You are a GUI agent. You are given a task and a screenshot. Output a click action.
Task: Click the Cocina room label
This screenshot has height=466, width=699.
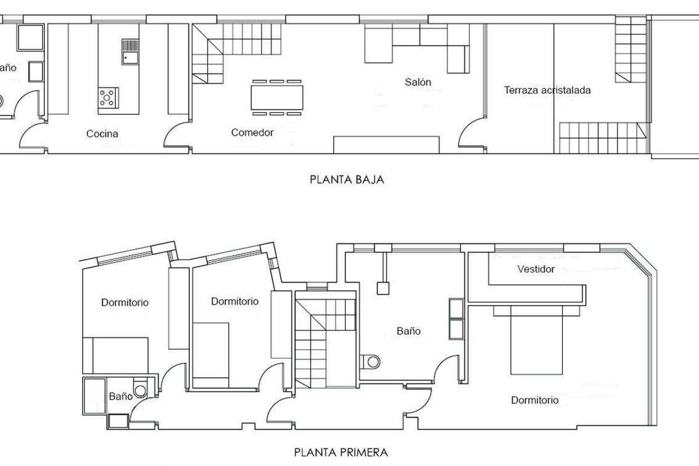click(x=102, y=134)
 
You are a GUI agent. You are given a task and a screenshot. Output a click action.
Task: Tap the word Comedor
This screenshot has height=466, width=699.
click(x=252, y=133)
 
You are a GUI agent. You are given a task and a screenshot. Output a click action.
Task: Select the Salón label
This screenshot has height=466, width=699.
click(x=418, y=82)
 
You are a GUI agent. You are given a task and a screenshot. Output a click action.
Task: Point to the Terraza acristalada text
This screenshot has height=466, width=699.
click(x=548, y=90)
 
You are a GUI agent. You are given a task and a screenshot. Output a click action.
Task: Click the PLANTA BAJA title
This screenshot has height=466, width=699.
click(x=347, y=180)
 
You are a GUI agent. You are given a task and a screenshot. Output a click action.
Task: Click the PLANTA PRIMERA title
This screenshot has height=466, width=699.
click(x=341, y=452)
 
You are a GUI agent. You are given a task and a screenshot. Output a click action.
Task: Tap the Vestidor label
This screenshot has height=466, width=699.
click(x=536, y=269)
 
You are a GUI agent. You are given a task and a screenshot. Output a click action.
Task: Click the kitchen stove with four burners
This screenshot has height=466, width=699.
click(x=108, y=98)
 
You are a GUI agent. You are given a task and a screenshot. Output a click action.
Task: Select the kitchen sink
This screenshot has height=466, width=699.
click(x=130, y=52)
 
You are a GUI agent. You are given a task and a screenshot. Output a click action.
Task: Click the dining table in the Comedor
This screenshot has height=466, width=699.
click(x=277, y=97)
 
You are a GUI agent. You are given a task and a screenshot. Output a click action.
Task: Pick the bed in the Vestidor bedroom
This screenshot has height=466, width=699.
click(x=536, y=340)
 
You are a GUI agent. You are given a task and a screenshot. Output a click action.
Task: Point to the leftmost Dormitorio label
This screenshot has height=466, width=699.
click(x=125, y=302)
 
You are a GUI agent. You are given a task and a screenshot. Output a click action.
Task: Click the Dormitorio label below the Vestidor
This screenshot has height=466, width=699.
click(x=535, y=400)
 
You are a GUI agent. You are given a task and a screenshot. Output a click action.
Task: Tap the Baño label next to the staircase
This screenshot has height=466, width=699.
click(x=408, y=331)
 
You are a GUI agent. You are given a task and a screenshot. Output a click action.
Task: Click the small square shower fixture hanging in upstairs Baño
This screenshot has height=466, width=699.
click(x=383, y=288)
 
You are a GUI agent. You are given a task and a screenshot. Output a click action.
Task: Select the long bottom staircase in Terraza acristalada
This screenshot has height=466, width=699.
click(x=602, y=138)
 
